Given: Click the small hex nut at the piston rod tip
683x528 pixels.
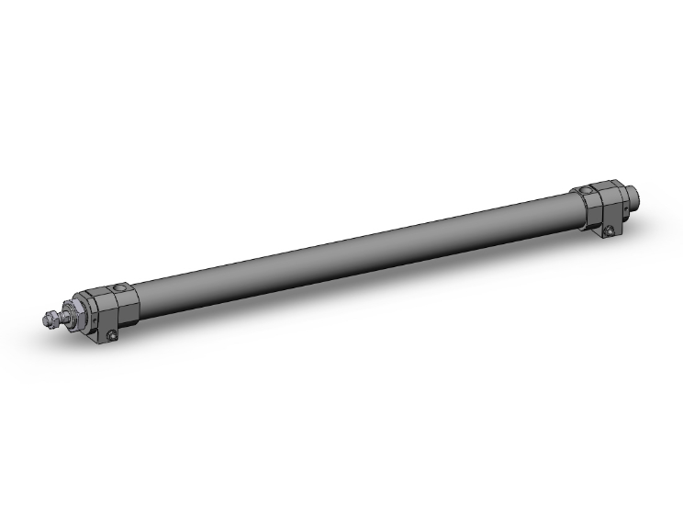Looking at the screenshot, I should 49,320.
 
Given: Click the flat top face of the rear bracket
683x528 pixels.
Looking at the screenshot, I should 601,186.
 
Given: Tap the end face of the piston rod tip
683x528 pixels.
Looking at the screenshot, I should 43,320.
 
